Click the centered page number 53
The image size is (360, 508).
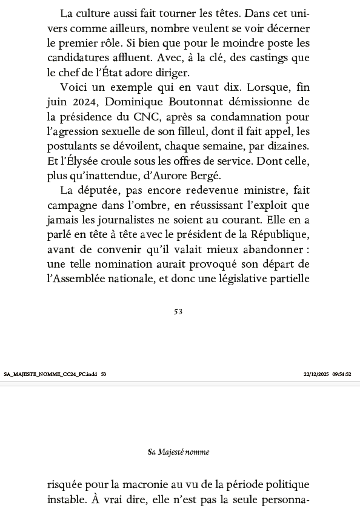pyautogui.click(x=178, y=312)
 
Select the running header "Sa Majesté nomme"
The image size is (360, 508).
pyautogui.click(x=179, y=452)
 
